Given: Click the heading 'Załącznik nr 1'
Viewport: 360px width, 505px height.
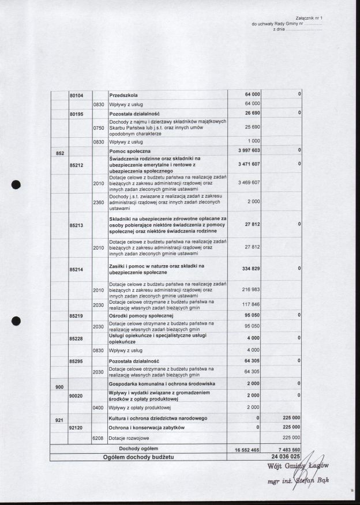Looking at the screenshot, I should pos(309,19).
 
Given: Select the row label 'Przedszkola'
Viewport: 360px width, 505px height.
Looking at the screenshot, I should pos(123,94).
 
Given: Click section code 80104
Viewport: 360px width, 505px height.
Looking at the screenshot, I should pos(77,94).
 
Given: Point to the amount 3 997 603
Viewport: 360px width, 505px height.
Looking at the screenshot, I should pos(248,150).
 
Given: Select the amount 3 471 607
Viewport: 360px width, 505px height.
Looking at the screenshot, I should pos(248,164).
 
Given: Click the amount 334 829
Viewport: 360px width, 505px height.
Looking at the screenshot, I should pos(249,269).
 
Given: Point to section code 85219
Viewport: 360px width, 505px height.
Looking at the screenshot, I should pos(77,316).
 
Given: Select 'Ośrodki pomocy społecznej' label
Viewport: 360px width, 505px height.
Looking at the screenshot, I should pos(141,316).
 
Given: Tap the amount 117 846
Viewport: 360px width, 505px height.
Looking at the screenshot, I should pos(249,304).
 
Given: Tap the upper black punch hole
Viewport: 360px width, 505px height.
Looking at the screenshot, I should pos(16,185).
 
